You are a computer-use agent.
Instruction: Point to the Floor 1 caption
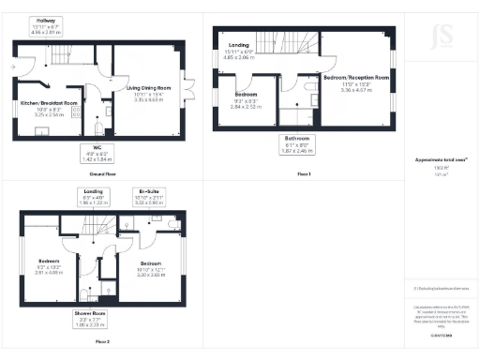301,174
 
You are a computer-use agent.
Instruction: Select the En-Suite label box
149,198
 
